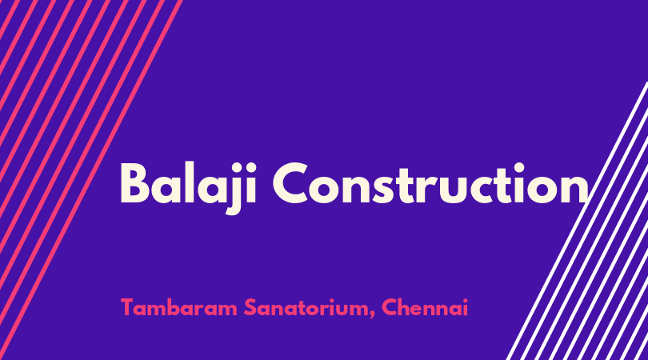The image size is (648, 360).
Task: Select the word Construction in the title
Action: (x=430, y=183)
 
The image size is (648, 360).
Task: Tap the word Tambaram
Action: (x=179, y=307)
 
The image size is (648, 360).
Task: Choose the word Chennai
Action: (x=425, y=307)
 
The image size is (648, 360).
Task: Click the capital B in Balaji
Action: (x=134, y=183)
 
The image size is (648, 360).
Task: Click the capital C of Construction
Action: (x=290, y=183)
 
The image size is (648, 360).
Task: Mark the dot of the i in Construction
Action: (x=519, y=166)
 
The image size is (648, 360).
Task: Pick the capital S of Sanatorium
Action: (x=250, y=307)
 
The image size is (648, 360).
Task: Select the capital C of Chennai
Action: (x=390, y=307)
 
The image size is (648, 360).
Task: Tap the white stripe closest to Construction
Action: (x=577, y=221)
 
